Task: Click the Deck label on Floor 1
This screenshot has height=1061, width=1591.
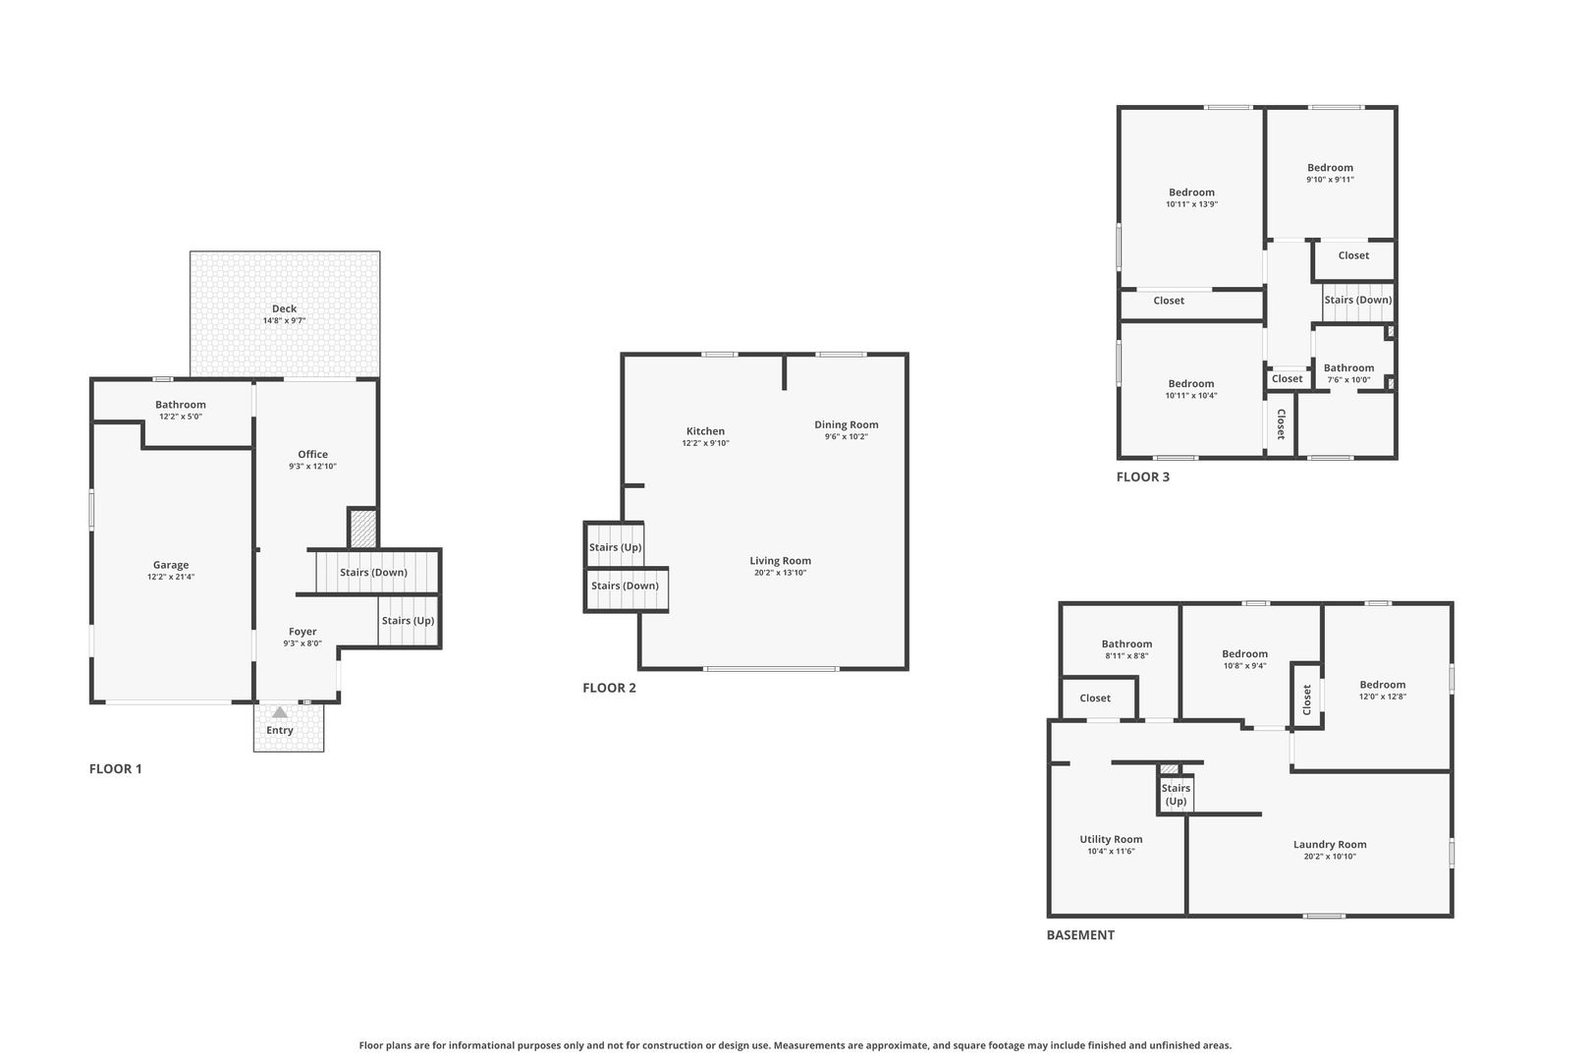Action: point(284,308)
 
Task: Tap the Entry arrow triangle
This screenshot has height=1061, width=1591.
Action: point(280,712)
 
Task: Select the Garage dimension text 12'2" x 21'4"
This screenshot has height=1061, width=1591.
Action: point(171,577)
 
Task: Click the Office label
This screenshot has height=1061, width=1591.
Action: point(312,454)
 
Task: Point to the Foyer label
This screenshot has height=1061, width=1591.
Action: point(302,631)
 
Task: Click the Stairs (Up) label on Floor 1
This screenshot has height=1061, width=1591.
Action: point(408,621)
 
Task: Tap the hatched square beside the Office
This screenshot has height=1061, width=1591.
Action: point(363,528)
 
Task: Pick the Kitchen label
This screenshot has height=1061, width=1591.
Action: point(705,430)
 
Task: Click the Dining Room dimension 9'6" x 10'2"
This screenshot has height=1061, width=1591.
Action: point(846,436)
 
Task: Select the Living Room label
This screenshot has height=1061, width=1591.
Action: point(780,561)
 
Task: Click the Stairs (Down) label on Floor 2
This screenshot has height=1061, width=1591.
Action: point(625,586)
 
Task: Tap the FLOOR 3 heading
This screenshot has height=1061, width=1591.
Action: point(1143,476)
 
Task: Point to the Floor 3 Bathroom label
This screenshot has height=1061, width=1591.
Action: point(1348,367)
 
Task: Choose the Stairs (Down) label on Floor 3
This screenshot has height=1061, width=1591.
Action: point(1357,300)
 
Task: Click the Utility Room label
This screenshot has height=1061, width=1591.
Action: point(1111,839)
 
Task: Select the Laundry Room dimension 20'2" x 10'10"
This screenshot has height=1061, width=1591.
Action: point(1330,857)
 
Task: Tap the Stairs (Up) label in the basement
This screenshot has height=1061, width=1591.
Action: point(1176,795)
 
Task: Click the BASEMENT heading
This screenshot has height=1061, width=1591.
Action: point(1080,935)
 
